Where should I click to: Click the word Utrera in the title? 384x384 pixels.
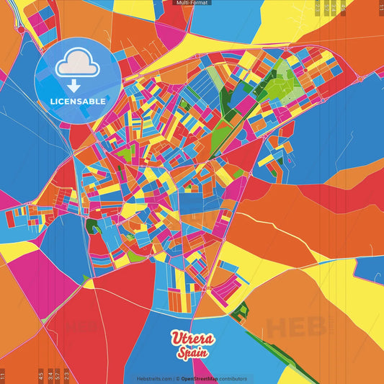point(192,339)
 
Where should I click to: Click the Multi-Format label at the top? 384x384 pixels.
point(192,3)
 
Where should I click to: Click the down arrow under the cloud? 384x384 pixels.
point(75,85)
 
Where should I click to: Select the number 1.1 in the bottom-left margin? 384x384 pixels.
point(3,375)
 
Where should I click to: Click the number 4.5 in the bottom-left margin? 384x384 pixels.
point(41,375)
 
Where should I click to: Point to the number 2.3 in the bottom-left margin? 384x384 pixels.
point(66,375)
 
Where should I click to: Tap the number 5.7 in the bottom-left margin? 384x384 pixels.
point(58,375)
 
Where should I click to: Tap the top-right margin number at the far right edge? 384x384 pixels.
point(380,7)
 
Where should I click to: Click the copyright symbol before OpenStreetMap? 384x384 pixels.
point(177,378)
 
